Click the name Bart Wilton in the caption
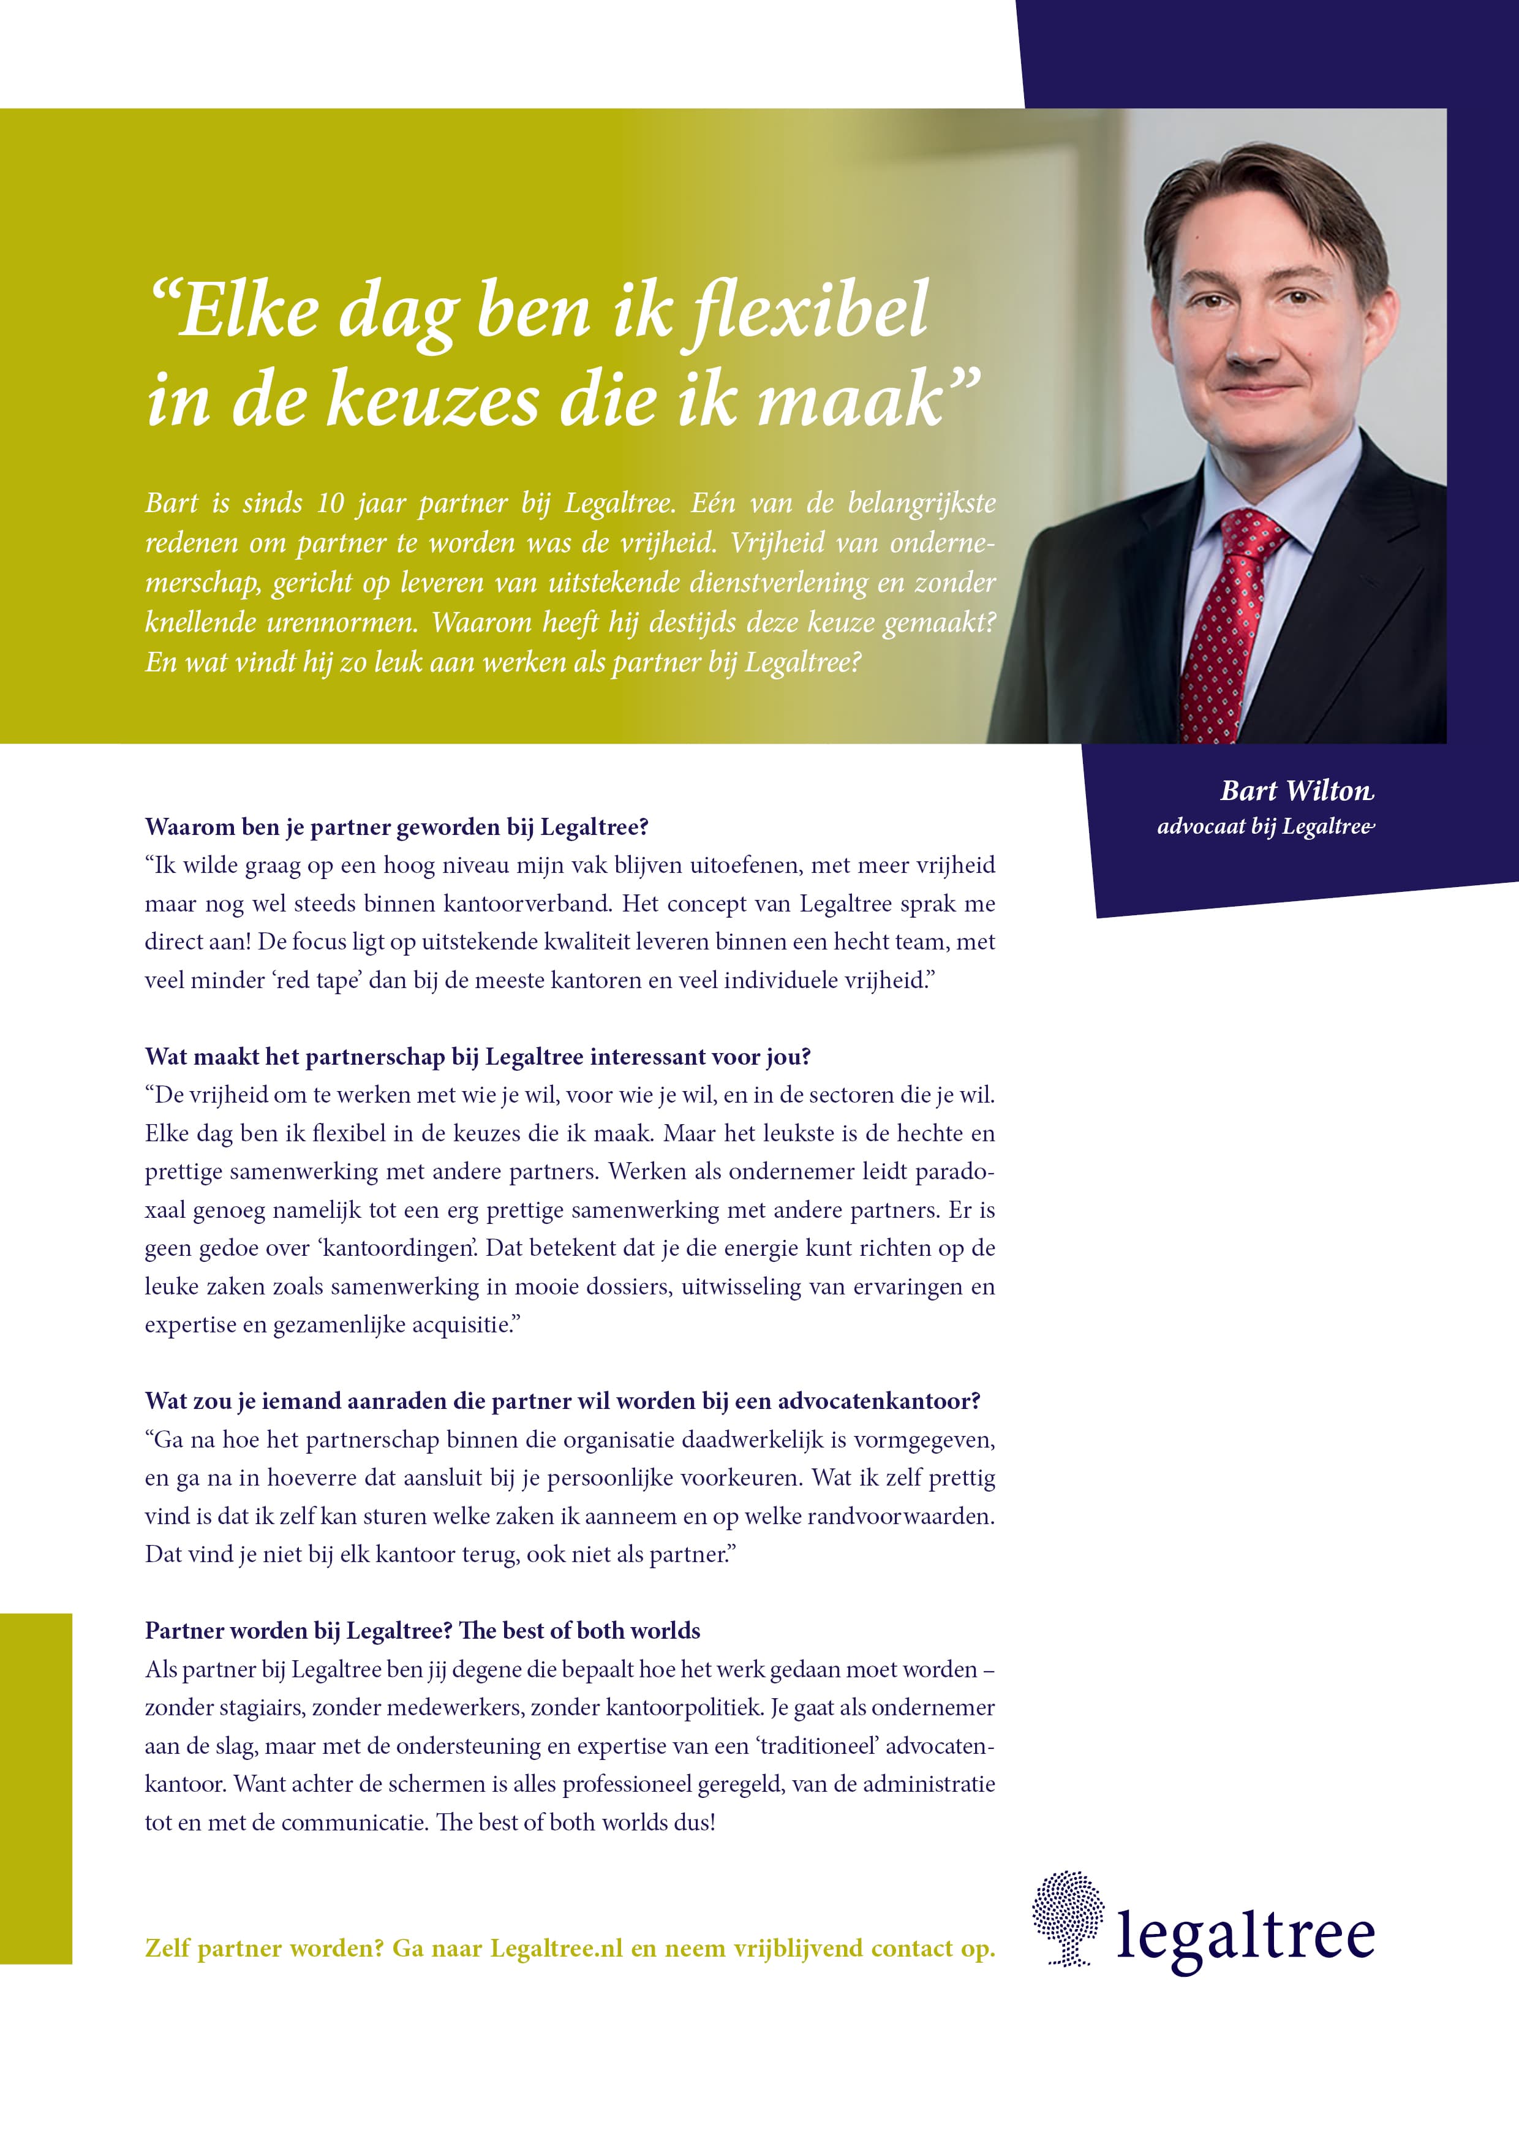click(1296, 791)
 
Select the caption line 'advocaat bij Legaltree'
click(1265, 826)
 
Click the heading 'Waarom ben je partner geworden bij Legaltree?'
click(397, 828)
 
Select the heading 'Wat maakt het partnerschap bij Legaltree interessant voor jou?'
click(477, 1057)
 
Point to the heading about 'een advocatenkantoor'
click(562, 1401)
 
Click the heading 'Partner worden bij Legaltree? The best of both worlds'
click(422, 1631)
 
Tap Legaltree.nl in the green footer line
click(556, 1948)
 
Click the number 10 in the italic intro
click(330, 504)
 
